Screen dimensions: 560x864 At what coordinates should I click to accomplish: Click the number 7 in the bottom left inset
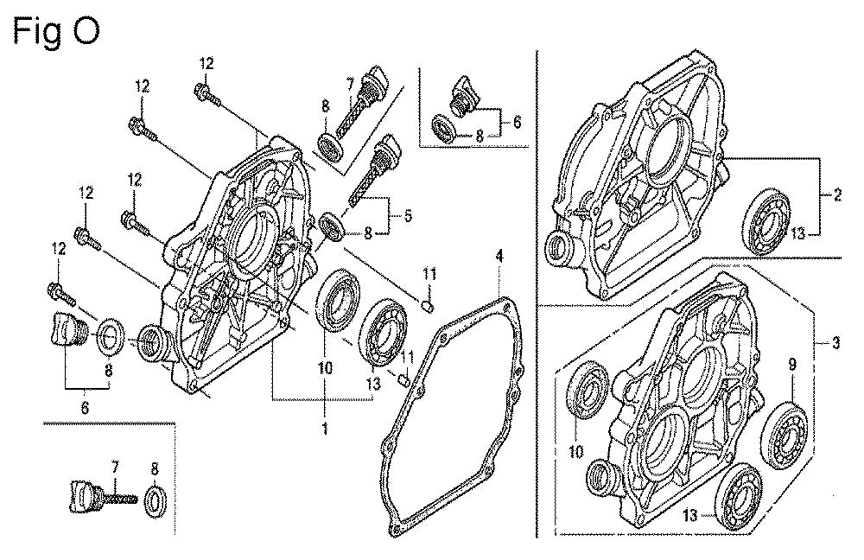point(113,468)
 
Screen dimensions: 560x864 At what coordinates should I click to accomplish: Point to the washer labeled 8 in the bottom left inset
point(155,500)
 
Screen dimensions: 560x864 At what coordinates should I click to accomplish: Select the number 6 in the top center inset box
point(517,123)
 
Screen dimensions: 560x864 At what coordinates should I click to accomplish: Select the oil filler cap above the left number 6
point(62,328)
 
